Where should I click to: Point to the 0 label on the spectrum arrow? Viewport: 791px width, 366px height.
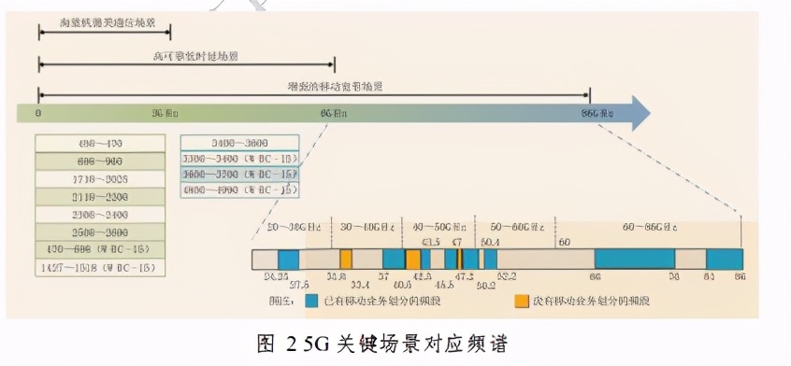(x=38, y=113)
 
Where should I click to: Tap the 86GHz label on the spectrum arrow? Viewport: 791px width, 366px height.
(x=598, y=113)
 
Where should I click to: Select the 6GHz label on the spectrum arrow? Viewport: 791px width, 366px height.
(x=334, y=113)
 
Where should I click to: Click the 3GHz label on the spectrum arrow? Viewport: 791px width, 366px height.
(x=165, y=113)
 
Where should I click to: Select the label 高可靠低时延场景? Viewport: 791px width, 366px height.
(x=184, y=56)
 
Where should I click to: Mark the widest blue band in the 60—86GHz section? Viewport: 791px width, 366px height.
(x=635, y=260)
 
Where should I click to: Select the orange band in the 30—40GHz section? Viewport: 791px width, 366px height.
(x=346, y=260)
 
